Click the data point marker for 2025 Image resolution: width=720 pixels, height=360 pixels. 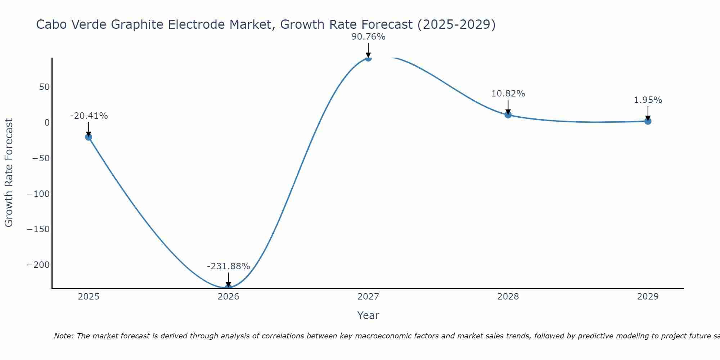click(x=89, y=137)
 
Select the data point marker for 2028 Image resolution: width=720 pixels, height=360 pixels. click(x=508, y=115)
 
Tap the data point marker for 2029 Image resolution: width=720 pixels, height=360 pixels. click(x=648, y=121)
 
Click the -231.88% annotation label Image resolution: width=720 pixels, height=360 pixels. click(x=228, y=266)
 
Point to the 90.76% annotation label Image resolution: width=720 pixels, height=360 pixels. click(x=368, y=37)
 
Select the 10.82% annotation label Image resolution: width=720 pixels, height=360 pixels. click(x=508, y=94)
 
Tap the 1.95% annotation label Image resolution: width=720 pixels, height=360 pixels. click(x=648, y=100)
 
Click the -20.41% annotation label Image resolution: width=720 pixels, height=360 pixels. click(x=89, y=116)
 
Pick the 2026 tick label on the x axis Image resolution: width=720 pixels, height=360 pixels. click(x=228, y=297)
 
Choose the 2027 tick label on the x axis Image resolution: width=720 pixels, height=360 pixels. click(x=368, y=297)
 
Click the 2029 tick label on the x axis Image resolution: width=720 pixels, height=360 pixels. click(x=648, y=297)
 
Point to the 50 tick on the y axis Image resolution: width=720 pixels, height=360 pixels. click(x=45, y=87)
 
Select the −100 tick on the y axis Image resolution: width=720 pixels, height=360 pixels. click(x=38, y=194)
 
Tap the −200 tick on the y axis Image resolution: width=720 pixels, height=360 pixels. click(x=38, y=265)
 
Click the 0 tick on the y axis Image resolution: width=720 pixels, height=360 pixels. click(x=47, y=123)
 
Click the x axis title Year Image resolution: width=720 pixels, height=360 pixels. click(x=368, y=315)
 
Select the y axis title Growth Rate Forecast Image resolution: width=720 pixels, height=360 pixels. click(x=9, y=173)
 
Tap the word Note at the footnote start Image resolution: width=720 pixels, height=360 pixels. click(x=63, y=336)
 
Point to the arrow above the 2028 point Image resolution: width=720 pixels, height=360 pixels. click(x=508, y=107)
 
